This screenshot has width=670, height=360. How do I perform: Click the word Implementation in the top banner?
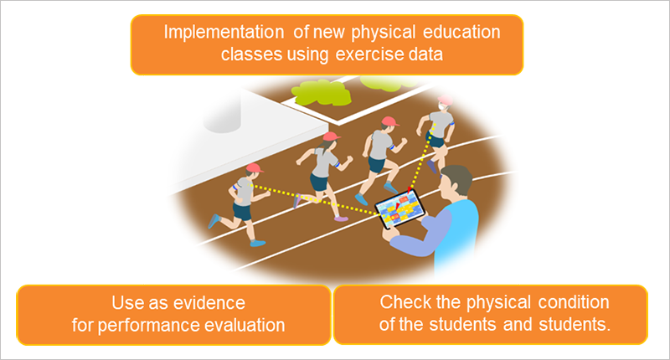[224, 33]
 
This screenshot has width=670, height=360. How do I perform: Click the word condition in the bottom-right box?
[574, 302]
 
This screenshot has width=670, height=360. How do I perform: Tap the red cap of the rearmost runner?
[255, 167]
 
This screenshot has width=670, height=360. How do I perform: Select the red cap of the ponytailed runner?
[331, 136]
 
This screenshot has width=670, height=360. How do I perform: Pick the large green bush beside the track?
[321, 93]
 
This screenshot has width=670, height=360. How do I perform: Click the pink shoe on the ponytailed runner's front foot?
[341, 219]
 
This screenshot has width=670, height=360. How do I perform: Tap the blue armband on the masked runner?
[452, 124]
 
